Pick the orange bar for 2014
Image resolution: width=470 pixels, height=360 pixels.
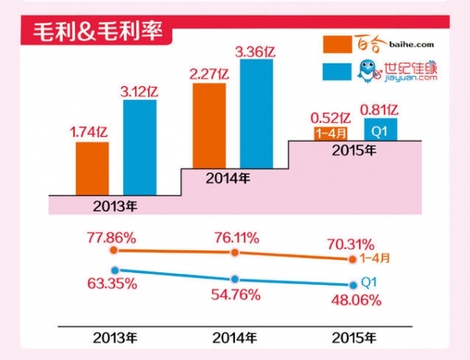coord(208,125)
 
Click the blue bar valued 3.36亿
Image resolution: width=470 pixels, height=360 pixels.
coord(255,113)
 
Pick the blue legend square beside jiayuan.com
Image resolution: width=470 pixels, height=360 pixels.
coord(338,71)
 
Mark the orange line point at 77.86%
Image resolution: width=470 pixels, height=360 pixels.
coord(114,250)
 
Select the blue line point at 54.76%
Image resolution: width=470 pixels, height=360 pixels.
coord(234,279)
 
